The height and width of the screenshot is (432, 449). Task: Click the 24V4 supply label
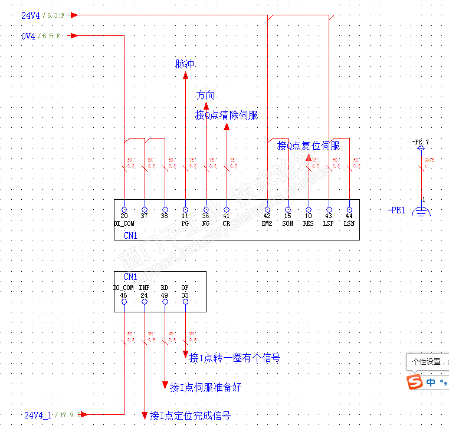point(31,16)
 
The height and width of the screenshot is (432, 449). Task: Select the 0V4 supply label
point(29,36)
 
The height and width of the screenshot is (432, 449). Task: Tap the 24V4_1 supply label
point(38,415)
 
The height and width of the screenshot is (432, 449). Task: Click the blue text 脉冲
point(185,64)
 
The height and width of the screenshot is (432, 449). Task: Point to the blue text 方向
point(205,95)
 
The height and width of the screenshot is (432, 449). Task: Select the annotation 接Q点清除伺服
point(227,115)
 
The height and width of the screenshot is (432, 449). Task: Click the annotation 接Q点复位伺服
point(309,146)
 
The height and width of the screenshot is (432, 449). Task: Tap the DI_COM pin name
point(124,223)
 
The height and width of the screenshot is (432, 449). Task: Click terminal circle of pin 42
point(267,209)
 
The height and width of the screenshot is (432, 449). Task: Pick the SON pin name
point(288,223)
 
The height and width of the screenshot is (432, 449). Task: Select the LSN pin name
point(349,223)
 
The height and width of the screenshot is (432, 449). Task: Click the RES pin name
point(309,223)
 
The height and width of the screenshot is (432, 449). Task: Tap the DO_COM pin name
point(124,288)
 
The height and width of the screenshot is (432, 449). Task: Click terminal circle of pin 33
point(185,302)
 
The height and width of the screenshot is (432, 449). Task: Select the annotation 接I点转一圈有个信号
point(234,358)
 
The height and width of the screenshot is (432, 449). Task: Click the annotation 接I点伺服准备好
point(205,387)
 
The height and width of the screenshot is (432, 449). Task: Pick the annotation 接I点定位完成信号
point(189,415)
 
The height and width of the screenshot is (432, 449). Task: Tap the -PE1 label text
point(396,210)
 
